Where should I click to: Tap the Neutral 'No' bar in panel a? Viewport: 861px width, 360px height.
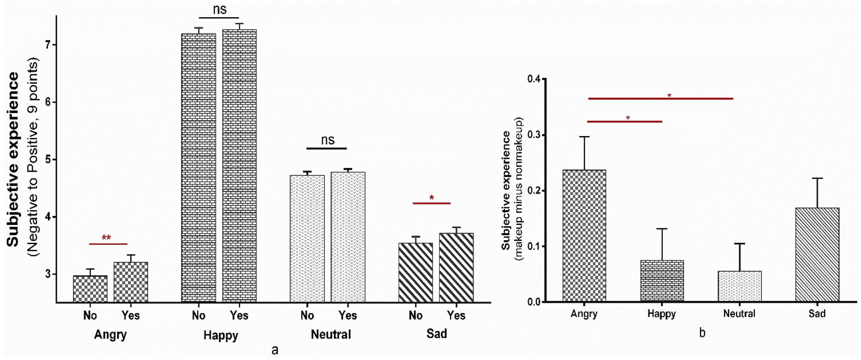click(x=307, y=239)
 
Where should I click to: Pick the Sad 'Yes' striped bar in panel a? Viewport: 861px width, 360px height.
click(x=456, y=268)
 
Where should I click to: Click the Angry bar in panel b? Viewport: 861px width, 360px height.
click(x=584, y=236)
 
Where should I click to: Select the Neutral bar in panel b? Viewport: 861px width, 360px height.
click(x=740, y=286)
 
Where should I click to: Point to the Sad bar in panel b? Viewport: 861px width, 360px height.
click(x=817, y=255)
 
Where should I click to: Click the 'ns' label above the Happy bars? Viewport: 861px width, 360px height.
click(x=220, y=9)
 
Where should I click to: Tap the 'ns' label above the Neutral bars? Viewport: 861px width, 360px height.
click(x=328, y=140)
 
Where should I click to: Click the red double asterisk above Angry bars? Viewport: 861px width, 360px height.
click(x=106, y=237)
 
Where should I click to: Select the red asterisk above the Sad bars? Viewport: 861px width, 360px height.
click(x=432, y=198)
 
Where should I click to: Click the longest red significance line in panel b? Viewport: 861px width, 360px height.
click(x=661, y=99)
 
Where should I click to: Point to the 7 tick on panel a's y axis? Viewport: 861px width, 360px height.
click(x=48, y=45)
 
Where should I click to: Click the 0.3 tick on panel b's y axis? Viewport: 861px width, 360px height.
click(x=534, y=135)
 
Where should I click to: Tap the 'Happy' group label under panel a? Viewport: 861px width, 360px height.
click(x=221, y=335)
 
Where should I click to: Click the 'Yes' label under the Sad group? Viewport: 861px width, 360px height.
click(x=456, y=316)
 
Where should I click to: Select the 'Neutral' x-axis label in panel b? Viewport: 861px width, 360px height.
click(x=739, y=314)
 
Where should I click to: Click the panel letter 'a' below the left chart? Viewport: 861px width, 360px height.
click(x=275, y=350)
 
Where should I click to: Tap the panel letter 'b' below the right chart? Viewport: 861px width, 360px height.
click(x=702, y=333)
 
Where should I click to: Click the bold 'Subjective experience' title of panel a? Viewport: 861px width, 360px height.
click(x=13, y=159)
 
